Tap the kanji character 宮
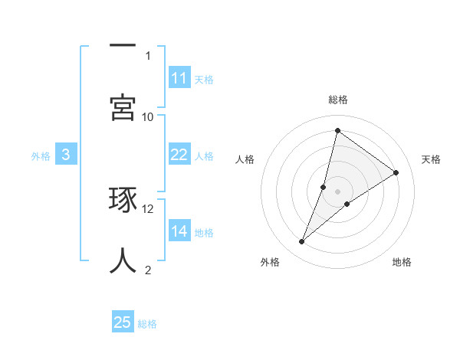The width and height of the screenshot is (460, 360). click(x=123, y=107)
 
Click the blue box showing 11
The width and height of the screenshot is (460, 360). click(x=179, y=78)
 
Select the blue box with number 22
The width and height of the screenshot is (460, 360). click(x=179, y=155)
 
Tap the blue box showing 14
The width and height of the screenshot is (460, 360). click(x=179, y=231)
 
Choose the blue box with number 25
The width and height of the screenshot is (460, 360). click(x=123, y=322)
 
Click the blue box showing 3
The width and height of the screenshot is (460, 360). click(x=66, y=155)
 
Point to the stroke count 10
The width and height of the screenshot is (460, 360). click(x=148, y=116)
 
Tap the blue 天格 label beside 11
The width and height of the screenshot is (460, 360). click(x=204, y=79)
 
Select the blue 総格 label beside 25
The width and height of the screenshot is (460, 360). click(x=147, y=323)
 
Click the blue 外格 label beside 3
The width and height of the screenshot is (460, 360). click(x=41, y=155)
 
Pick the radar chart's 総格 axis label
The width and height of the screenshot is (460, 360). click(x=337, y=100)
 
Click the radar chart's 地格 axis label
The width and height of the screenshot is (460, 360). click(x=402, y=262)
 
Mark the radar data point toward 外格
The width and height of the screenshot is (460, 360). click(x=302, y=242)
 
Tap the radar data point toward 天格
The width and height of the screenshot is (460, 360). click(x=396, y=172)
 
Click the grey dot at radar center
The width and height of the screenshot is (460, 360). click(x=338, y=191)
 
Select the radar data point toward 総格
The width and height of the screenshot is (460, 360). click(x=337, y=130)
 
